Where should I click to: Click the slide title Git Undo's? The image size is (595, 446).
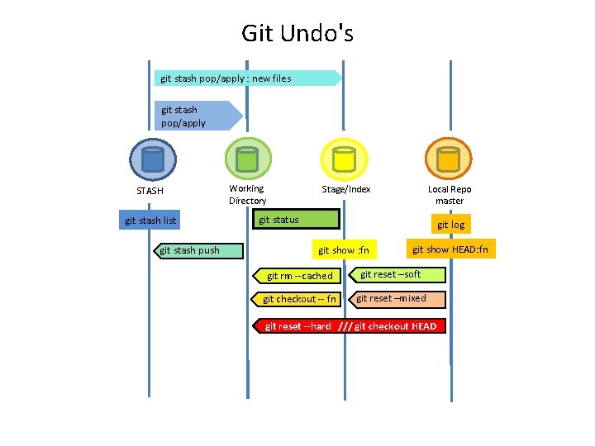(x=297, y=33)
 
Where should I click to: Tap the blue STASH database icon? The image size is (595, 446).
(x=153, y=159)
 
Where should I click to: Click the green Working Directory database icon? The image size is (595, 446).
(x=248, y=159)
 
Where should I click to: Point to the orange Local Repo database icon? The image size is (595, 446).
(x=448, y=159)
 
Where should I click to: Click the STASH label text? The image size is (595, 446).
(x=150, y=191)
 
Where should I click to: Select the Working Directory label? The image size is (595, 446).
(x=247, y=194)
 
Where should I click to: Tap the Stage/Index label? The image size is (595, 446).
(x=346, y=189)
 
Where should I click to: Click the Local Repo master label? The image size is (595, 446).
(x=450, y=195)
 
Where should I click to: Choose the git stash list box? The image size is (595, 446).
(x=150, y=221)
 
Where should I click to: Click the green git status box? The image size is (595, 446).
(x=293, y=220)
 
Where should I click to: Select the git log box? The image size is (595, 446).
(x=450, y=225)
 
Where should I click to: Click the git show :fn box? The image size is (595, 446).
(x=343, y=250)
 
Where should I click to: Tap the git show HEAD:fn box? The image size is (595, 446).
(x=450, y=249)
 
